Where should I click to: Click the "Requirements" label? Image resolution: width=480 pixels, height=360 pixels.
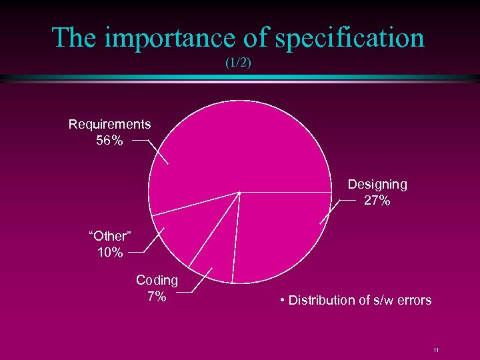(x=110, y=124)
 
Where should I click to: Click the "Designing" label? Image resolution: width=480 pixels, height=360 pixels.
(x=377, y=184)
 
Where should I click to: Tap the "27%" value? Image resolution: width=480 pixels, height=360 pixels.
(x=377, y=200)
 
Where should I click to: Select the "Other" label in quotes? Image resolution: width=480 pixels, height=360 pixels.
(x=110, y=236)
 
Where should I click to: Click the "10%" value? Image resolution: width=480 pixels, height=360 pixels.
(x=109, y=252)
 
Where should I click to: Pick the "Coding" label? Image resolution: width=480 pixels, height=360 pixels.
(x=157, y=280)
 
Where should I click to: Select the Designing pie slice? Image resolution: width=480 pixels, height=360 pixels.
(x=280, y=233)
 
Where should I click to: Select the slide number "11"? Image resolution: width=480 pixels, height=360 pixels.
(x=435, y=350)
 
